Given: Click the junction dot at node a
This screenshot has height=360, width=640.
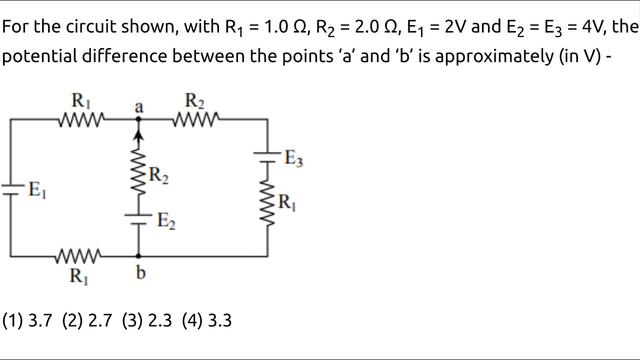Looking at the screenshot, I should [x=139, y=119].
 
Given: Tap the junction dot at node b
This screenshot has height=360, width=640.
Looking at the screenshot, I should [x=139, y=256].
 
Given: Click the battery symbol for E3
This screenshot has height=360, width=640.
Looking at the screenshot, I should [x=267, y=157].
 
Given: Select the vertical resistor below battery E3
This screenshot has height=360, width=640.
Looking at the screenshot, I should [x=267, y=204].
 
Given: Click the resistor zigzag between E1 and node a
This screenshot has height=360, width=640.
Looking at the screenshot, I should [x=81, y=119].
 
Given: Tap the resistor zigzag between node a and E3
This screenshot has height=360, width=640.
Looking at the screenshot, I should [x=196, y=119].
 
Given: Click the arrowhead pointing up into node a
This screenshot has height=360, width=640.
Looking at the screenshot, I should [x=139, y=132].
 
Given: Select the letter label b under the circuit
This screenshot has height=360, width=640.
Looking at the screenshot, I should [x=141, y=273].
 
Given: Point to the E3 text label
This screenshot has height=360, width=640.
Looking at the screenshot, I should [x=293, y=158].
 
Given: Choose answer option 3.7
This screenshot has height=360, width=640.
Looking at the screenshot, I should [x=28, y=320].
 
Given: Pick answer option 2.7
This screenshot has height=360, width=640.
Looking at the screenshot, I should [x=87, y=320].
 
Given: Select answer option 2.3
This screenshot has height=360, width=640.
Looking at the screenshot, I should [x=147, y=320].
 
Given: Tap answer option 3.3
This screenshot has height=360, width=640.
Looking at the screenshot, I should [x=207, y=320].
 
